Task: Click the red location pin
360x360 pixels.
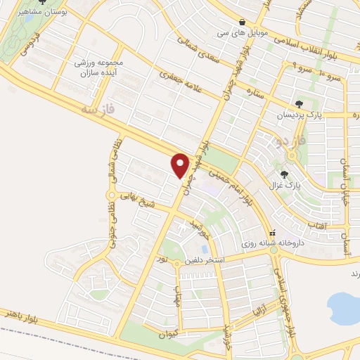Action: [181, 165]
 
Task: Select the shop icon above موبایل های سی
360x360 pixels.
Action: [243, 21]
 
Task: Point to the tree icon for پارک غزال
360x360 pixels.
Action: [284, 174]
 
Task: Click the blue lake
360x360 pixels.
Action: [345, 307]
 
